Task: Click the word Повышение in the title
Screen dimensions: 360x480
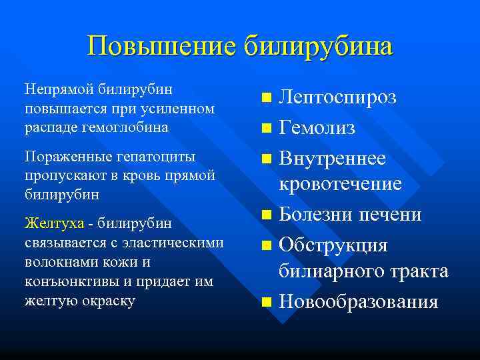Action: pos(161,47)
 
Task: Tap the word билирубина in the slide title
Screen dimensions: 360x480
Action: pos(318,47)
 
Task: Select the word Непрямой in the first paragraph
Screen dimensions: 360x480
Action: pos(59,88)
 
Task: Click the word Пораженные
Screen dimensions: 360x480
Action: pos(61,157)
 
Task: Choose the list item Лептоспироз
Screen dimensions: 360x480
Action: pos(337,97)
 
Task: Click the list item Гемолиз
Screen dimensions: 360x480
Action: pos(317,127)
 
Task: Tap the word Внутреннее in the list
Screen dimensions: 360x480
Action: pos(332,158)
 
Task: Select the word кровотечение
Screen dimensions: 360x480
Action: pos(340,183)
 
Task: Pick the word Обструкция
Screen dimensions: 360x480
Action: pos(333,245)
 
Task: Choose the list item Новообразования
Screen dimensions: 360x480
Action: pos(359,301)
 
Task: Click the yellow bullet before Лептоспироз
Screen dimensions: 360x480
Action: pos(267,98)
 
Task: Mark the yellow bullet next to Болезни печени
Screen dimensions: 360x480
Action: pos(267,215)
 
